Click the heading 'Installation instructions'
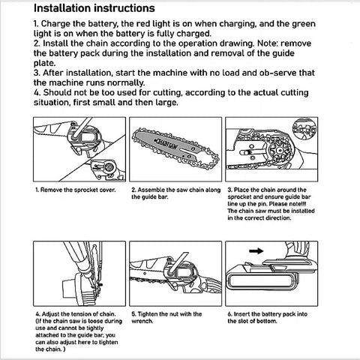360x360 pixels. click(x=94, y=8)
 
